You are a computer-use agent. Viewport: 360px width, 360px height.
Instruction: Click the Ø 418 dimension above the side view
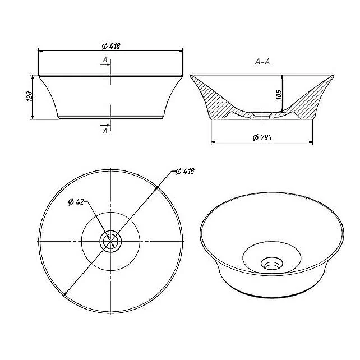[111, 46]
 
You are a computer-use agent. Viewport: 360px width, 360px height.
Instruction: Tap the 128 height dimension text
[29, 96]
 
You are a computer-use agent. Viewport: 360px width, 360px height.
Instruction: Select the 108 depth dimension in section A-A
[279, 94]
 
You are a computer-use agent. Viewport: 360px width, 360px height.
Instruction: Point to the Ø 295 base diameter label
[262, 137]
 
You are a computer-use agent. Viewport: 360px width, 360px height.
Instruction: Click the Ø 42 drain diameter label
[76, 202]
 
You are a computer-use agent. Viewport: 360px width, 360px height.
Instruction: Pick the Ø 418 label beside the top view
[185, 171]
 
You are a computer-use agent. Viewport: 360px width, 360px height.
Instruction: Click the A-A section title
[262, 62]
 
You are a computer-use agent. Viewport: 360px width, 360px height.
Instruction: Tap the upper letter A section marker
[105, 60]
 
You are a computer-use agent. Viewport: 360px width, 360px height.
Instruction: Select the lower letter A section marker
[105, 131]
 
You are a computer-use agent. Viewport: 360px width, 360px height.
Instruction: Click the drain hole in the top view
[110, 241]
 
